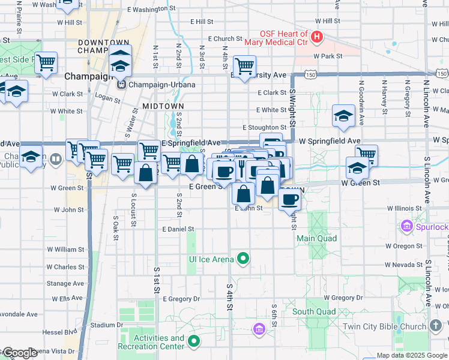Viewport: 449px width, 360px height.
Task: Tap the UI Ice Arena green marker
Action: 243,259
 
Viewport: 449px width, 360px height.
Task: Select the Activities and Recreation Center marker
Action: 193,342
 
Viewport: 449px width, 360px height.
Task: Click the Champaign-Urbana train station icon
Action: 121,84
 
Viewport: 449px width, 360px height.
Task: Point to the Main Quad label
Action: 316,238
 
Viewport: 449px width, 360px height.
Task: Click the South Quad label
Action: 314,311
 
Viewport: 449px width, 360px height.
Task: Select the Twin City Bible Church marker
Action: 437,326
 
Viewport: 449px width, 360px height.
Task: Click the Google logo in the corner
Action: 20,353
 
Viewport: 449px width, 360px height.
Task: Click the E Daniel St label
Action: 178,229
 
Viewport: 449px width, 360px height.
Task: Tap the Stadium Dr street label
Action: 107,325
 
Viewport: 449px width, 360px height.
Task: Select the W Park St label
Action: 327,56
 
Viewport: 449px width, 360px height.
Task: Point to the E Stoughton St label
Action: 265,127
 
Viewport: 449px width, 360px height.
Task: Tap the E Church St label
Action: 225,38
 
